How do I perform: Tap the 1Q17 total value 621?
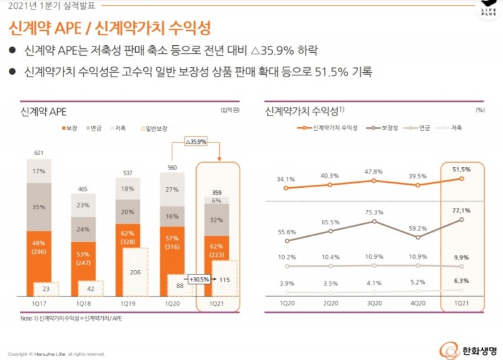pos(39,153)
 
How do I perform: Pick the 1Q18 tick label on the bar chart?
pos(84,303)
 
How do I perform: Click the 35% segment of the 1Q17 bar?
pos(39,207)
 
